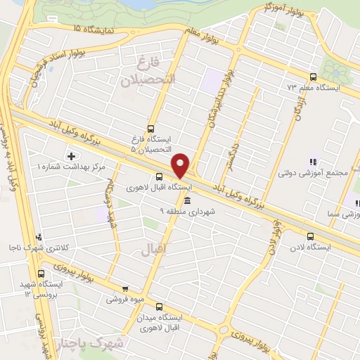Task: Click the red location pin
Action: pos(181,165)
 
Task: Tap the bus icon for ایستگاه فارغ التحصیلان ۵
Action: pos(150,129)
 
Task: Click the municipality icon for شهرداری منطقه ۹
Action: pos(186,200)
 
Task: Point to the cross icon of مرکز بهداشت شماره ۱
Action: pos(71,155)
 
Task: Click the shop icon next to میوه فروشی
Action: pos(125,288)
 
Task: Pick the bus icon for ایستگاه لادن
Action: pos(310,236)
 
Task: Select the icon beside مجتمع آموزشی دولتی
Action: pos(313,162)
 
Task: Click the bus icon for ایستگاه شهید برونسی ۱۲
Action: pos(41,274)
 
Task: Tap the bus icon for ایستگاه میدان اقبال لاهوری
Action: pos(159,306)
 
